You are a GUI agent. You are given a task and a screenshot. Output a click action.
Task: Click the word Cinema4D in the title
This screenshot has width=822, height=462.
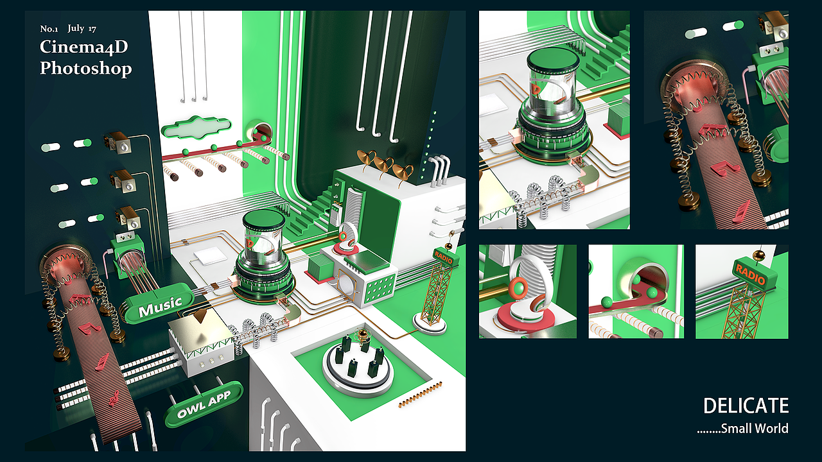84,47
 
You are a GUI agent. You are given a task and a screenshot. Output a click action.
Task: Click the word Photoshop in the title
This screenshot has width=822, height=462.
85,69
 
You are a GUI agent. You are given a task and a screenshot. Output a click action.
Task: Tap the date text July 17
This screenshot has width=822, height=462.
82,29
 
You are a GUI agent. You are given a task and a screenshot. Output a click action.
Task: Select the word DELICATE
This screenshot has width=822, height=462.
746,406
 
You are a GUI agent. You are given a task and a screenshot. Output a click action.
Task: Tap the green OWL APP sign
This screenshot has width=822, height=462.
204,404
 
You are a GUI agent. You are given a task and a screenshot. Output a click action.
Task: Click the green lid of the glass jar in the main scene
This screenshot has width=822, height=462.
263,219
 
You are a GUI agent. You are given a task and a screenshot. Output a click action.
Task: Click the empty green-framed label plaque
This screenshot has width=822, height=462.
197,127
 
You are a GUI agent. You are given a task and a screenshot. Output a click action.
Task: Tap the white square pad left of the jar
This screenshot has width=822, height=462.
211,255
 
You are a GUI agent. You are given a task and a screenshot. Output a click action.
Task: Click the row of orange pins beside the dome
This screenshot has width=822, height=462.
421,394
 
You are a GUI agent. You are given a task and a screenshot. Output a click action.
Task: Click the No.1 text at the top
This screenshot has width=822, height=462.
49,29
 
